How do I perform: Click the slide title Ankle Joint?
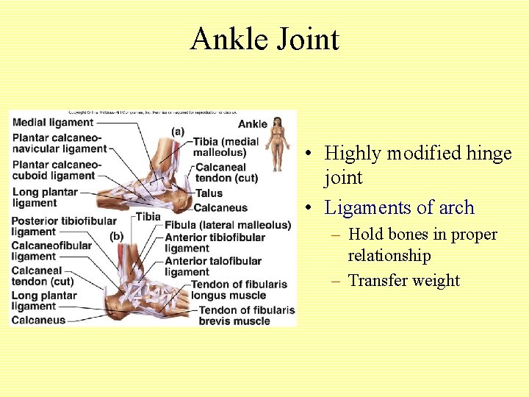pyautogui.click(x=264, y=38)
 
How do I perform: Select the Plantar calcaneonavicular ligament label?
pyautogui.click(x=59, y=143)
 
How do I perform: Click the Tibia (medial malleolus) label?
pyautogui.click(x=226, y=147)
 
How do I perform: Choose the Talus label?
pyautogui.click(x=209, y=193)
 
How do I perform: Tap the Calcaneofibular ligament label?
pyautogui.click(x=51, y=251)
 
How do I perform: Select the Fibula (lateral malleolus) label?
pyautogui.click(x=228, y=225)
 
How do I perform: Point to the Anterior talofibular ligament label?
pyautogui.click(x=213, y=266)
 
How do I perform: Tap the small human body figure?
pyautogui.click(x=277, y=143)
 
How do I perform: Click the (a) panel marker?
pyautogui.click(x=177, y=131)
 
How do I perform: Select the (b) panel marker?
pyautogui.click(x=116, y=236)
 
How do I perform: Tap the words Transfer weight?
pyautogui.click(x=403, y=280)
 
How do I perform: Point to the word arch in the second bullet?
pyautogui.click(x=457, y=207)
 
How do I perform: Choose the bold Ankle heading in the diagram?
pyautogui.click(x=253, y=124)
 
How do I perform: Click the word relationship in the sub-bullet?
pyautogui.click(x=389, y=256)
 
